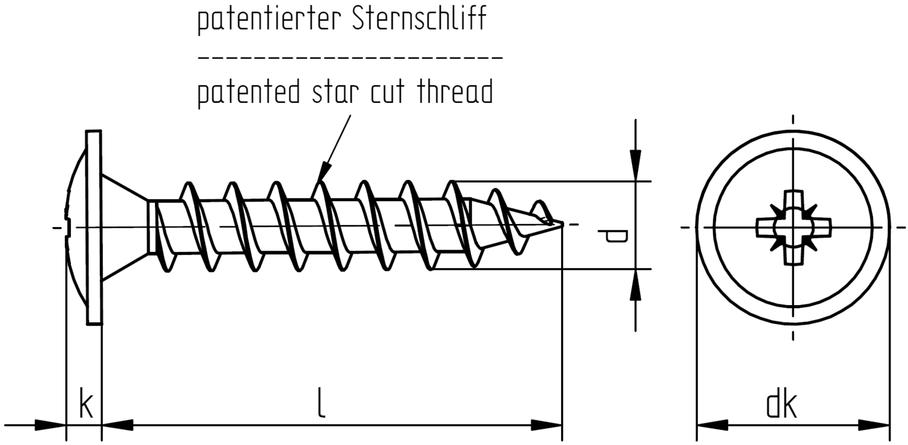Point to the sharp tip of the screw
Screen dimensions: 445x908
point(561,225)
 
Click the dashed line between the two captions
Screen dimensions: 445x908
point(350,58)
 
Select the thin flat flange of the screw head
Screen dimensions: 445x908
point(94,228)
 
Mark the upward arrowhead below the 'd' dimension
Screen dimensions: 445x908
point(634,286)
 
